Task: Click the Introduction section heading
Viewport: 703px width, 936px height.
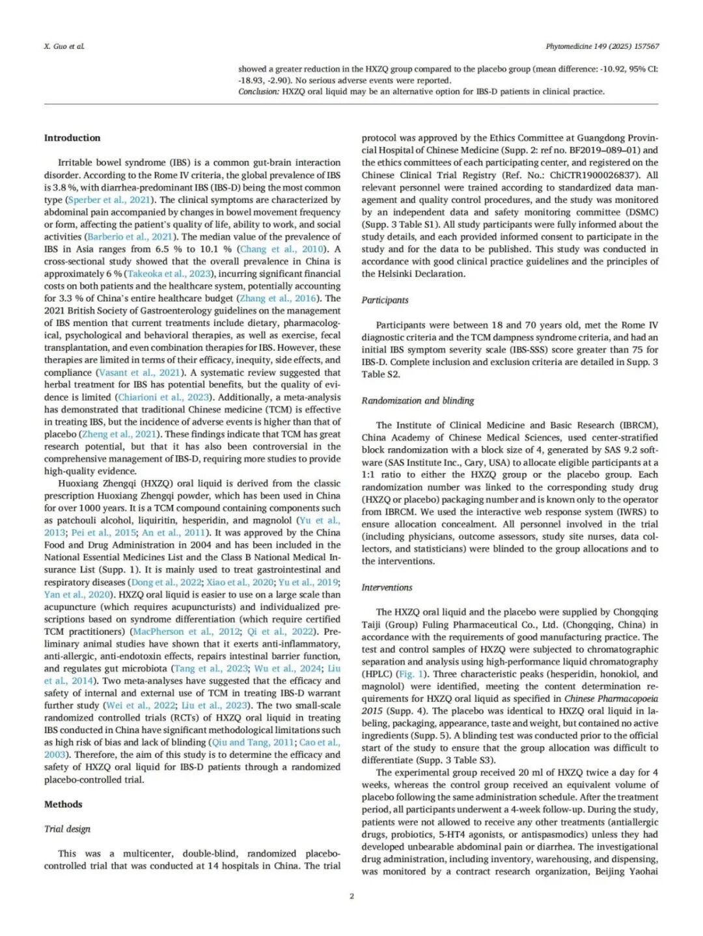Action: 72,138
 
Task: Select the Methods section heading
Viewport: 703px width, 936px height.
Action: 63,804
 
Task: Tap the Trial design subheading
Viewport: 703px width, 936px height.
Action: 67,829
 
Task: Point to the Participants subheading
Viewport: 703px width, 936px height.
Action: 385,300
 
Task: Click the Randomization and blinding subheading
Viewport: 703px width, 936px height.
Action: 417,401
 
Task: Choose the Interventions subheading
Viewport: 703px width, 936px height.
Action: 387,587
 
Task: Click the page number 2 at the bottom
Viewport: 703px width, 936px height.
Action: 351,896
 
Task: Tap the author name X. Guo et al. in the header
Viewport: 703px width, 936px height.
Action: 64,46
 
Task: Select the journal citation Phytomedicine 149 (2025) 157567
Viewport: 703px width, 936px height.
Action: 601,46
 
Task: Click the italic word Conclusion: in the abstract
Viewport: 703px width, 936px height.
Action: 258,92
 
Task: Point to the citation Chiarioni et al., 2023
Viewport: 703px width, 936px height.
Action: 164,397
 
